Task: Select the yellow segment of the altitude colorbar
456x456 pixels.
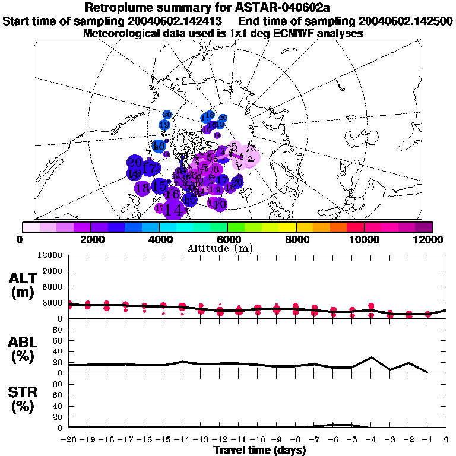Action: tap(287, 227)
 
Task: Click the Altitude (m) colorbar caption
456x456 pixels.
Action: tap(227, 248)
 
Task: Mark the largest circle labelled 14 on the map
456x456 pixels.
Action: tap(174, 208)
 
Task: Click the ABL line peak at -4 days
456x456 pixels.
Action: tap(371, 357)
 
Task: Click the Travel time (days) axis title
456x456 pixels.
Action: tap(259, 450)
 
